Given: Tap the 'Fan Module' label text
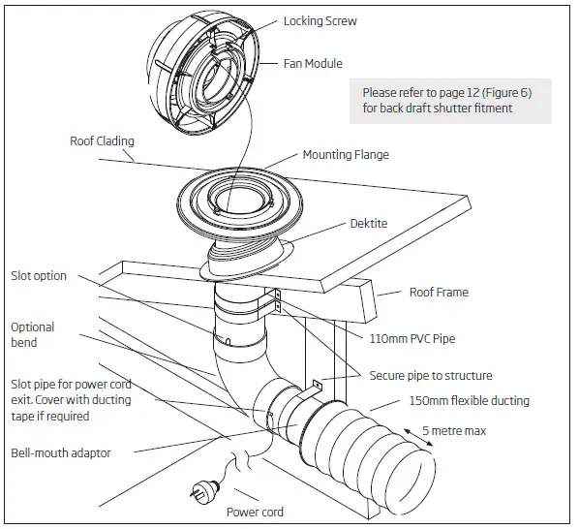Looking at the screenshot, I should pyautogui.click(x=313, y=64).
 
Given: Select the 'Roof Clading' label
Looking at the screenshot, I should pyautogui.click(x=102, y=140).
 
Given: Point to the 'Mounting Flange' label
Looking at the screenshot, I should pyautogui.click(x=347, y=155).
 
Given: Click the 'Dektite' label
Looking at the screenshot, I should pyautogui.click(x=368, y=223).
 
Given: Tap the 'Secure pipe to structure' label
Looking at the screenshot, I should pyautogui.click(x=431, y=375).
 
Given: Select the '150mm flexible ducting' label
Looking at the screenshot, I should pyautogui.click(x=469, y=401).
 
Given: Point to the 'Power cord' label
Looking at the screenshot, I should pyautogui.click(x=255, y=512).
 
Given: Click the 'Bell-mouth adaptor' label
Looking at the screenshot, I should pyautogui.click(x=60, y=451).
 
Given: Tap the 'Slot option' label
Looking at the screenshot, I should pyautogui.click(x=39, y=276).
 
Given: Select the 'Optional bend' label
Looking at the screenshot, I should pyautogui.click(x=33, y=335).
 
